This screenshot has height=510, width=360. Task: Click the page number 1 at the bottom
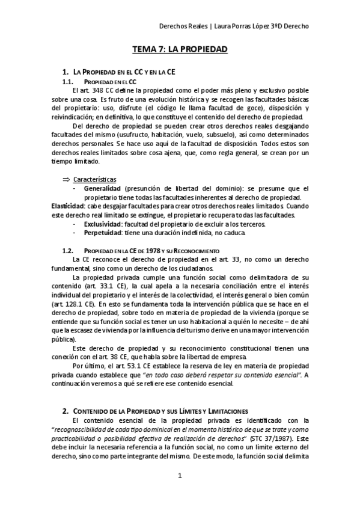click(x=180, y=476)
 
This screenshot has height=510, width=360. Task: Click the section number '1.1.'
click(x=68, y=81)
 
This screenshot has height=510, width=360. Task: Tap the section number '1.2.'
click(x=68, y=250)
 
